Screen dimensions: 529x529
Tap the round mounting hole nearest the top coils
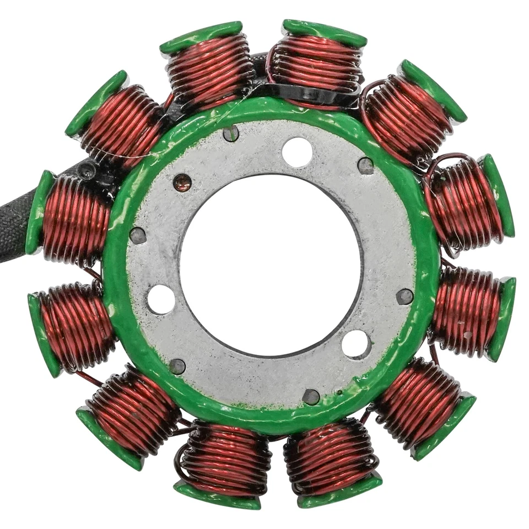[x=297, y=152]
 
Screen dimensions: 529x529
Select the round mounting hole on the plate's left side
[x=161, y=299]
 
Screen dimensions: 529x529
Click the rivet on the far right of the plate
[x=404, y=296]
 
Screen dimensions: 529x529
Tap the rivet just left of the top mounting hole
[x=231, y=133]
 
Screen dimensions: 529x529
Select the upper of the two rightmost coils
[x=466, y=201]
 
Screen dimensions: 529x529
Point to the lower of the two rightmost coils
[x=468, y=311]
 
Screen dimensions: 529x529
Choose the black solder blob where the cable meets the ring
[x=88, y=171]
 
